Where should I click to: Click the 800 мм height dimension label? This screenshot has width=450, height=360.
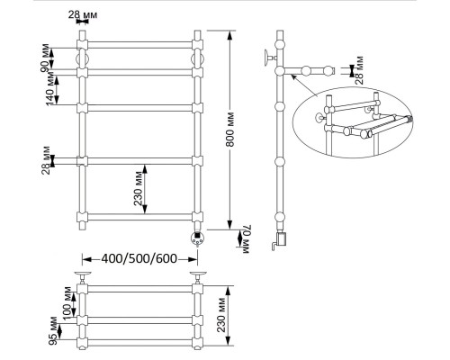pyautogui.click(x=230, y=130)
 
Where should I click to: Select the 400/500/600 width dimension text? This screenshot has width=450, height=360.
pyautogui.click(x=139, y=258)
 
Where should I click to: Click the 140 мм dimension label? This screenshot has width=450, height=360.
pyautogui.click(x=50, y=90)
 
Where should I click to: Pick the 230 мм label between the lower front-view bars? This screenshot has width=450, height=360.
pyautogui.click(x=139, y=188)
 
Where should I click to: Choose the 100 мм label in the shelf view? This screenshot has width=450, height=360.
pyautogui.click(x=67, y=303)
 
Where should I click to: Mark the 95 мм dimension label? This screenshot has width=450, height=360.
pyautogui.click(x=53, y=331)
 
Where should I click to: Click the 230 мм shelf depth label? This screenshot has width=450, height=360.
pyautogui.click(x=221, y=315)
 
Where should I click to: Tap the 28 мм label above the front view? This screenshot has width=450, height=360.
pyautogui.click(x=83, y=14)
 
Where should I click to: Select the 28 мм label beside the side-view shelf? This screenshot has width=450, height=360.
pyautogui.click(x=359, y=70)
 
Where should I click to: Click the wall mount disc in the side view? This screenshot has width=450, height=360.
pyautogui.click(x=266, y=58)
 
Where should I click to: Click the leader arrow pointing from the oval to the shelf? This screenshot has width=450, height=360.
pyautogui.click(x=304, y=85)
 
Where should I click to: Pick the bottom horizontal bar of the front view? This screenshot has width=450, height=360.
pyautogui.click(x=139, y=217)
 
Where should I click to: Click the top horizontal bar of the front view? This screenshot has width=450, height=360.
pyautogui.click(x=139, y=45)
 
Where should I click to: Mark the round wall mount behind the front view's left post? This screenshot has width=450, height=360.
pyautogui.click(x=83, y=59)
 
